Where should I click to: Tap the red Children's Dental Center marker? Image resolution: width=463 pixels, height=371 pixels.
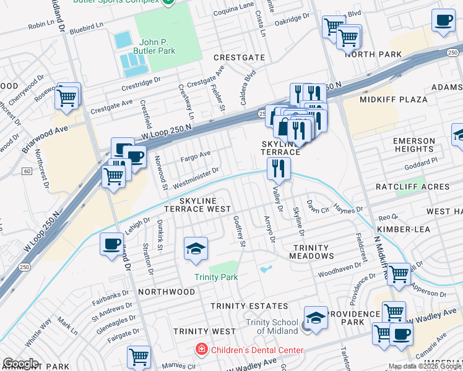(201, 350)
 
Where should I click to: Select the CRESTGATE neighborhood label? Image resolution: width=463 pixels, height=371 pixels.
(235, 57)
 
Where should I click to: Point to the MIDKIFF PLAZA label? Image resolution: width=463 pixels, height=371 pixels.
(394, 99)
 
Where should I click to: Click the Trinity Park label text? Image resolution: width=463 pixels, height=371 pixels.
(216, 277)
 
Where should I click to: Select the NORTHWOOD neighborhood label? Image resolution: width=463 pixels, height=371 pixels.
(167, 291)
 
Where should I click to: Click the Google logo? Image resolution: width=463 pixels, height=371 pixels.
(20, 364)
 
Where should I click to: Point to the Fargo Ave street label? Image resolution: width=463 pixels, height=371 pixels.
(196, 154)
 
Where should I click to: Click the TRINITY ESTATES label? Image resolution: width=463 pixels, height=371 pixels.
(249, 306)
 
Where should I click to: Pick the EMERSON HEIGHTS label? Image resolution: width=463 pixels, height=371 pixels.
(413, 145)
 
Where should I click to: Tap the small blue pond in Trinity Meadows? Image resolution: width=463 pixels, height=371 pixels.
(266, 270)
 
